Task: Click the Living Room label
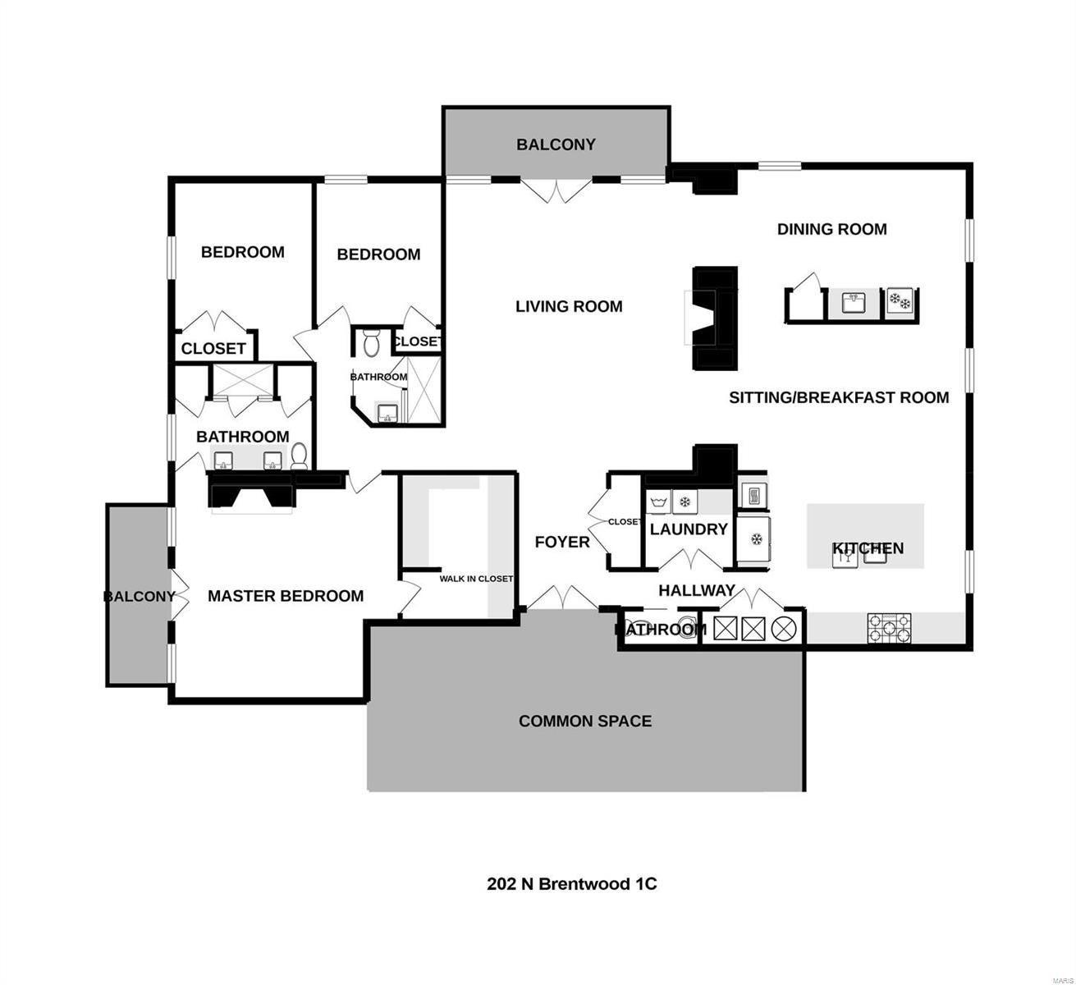click(x=569, y=306)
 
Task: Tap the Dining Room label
click(x=831, y=229)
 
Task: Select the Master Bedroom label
click(x=285, y=596)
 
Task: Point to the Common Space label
click(x=585, y=721)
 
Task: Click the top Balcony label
click(x=556, y=144)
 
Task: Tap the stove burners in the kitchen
click(x=890, y=629)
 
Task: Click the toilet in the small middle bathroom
click(x=371, y=342)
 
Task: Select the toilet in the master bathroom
click(x=299, y=455)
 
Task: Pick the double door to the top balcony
click(x=557, y=190)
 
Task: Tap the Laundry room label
click(x=689, y=529)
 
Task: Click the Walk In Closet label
click(x=476, y=579)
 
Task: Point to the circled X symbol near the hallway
click(x=784, y=629)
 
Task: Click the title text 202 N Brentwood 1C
click(x=572, y=884)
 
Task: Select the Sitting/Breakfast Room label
click(x=839, y=397)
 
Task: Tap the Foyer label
click(x=562, y=542)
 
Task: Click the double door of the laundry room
click(x=689, y=561)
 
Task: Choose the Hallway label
click(x=697, y=590)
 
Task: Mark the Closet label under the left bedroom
click(x=213, y=348)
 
